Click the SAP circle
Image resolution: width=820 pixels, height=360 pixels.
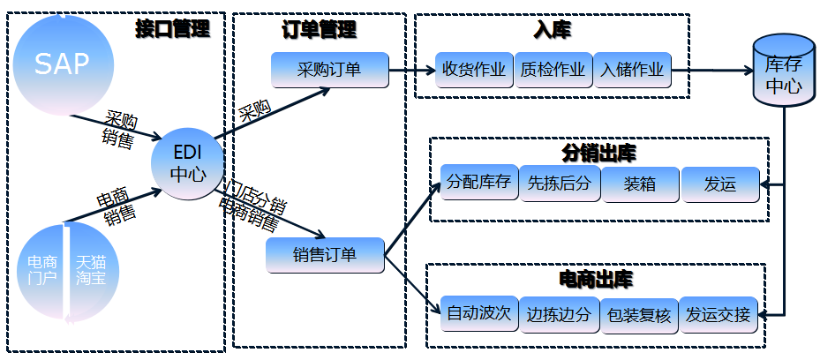click(62, 64)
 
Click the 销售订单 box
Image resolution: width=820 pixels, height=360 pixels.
click(325, 255)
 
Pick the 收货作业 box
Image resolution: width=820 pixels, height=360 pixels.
click(474, 70)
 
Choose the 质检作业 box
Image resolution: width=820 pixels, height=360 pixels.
click(553, 70)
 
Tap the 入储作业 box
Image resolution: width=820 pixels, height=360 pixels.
click(633, 70)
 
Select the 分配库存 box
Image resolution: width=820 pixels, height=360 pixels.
click(478, 184)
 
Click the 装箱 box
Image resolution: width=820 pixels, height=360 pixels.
click(640, 184)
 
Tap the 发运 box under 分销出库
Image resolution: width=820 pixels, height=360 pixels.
click(719, 184)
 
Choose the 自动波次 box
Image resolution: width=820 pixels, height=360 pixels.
click(478, 313)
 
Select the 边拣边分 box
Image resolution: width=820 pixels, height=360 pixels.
click(560, 313)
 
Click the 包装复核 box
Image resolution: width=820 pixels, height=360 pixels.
click(639, 313)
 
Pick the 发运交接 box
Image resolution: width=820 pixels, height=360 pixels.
click(718, 313)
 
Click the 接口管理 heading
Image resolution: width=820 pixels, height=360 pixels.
click(172, 27)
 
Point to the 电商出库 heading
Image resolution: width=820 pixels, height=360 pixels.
click(597, 280)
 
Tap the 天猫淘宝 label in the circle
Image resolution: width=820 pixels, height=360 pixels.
click(90, 270)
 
